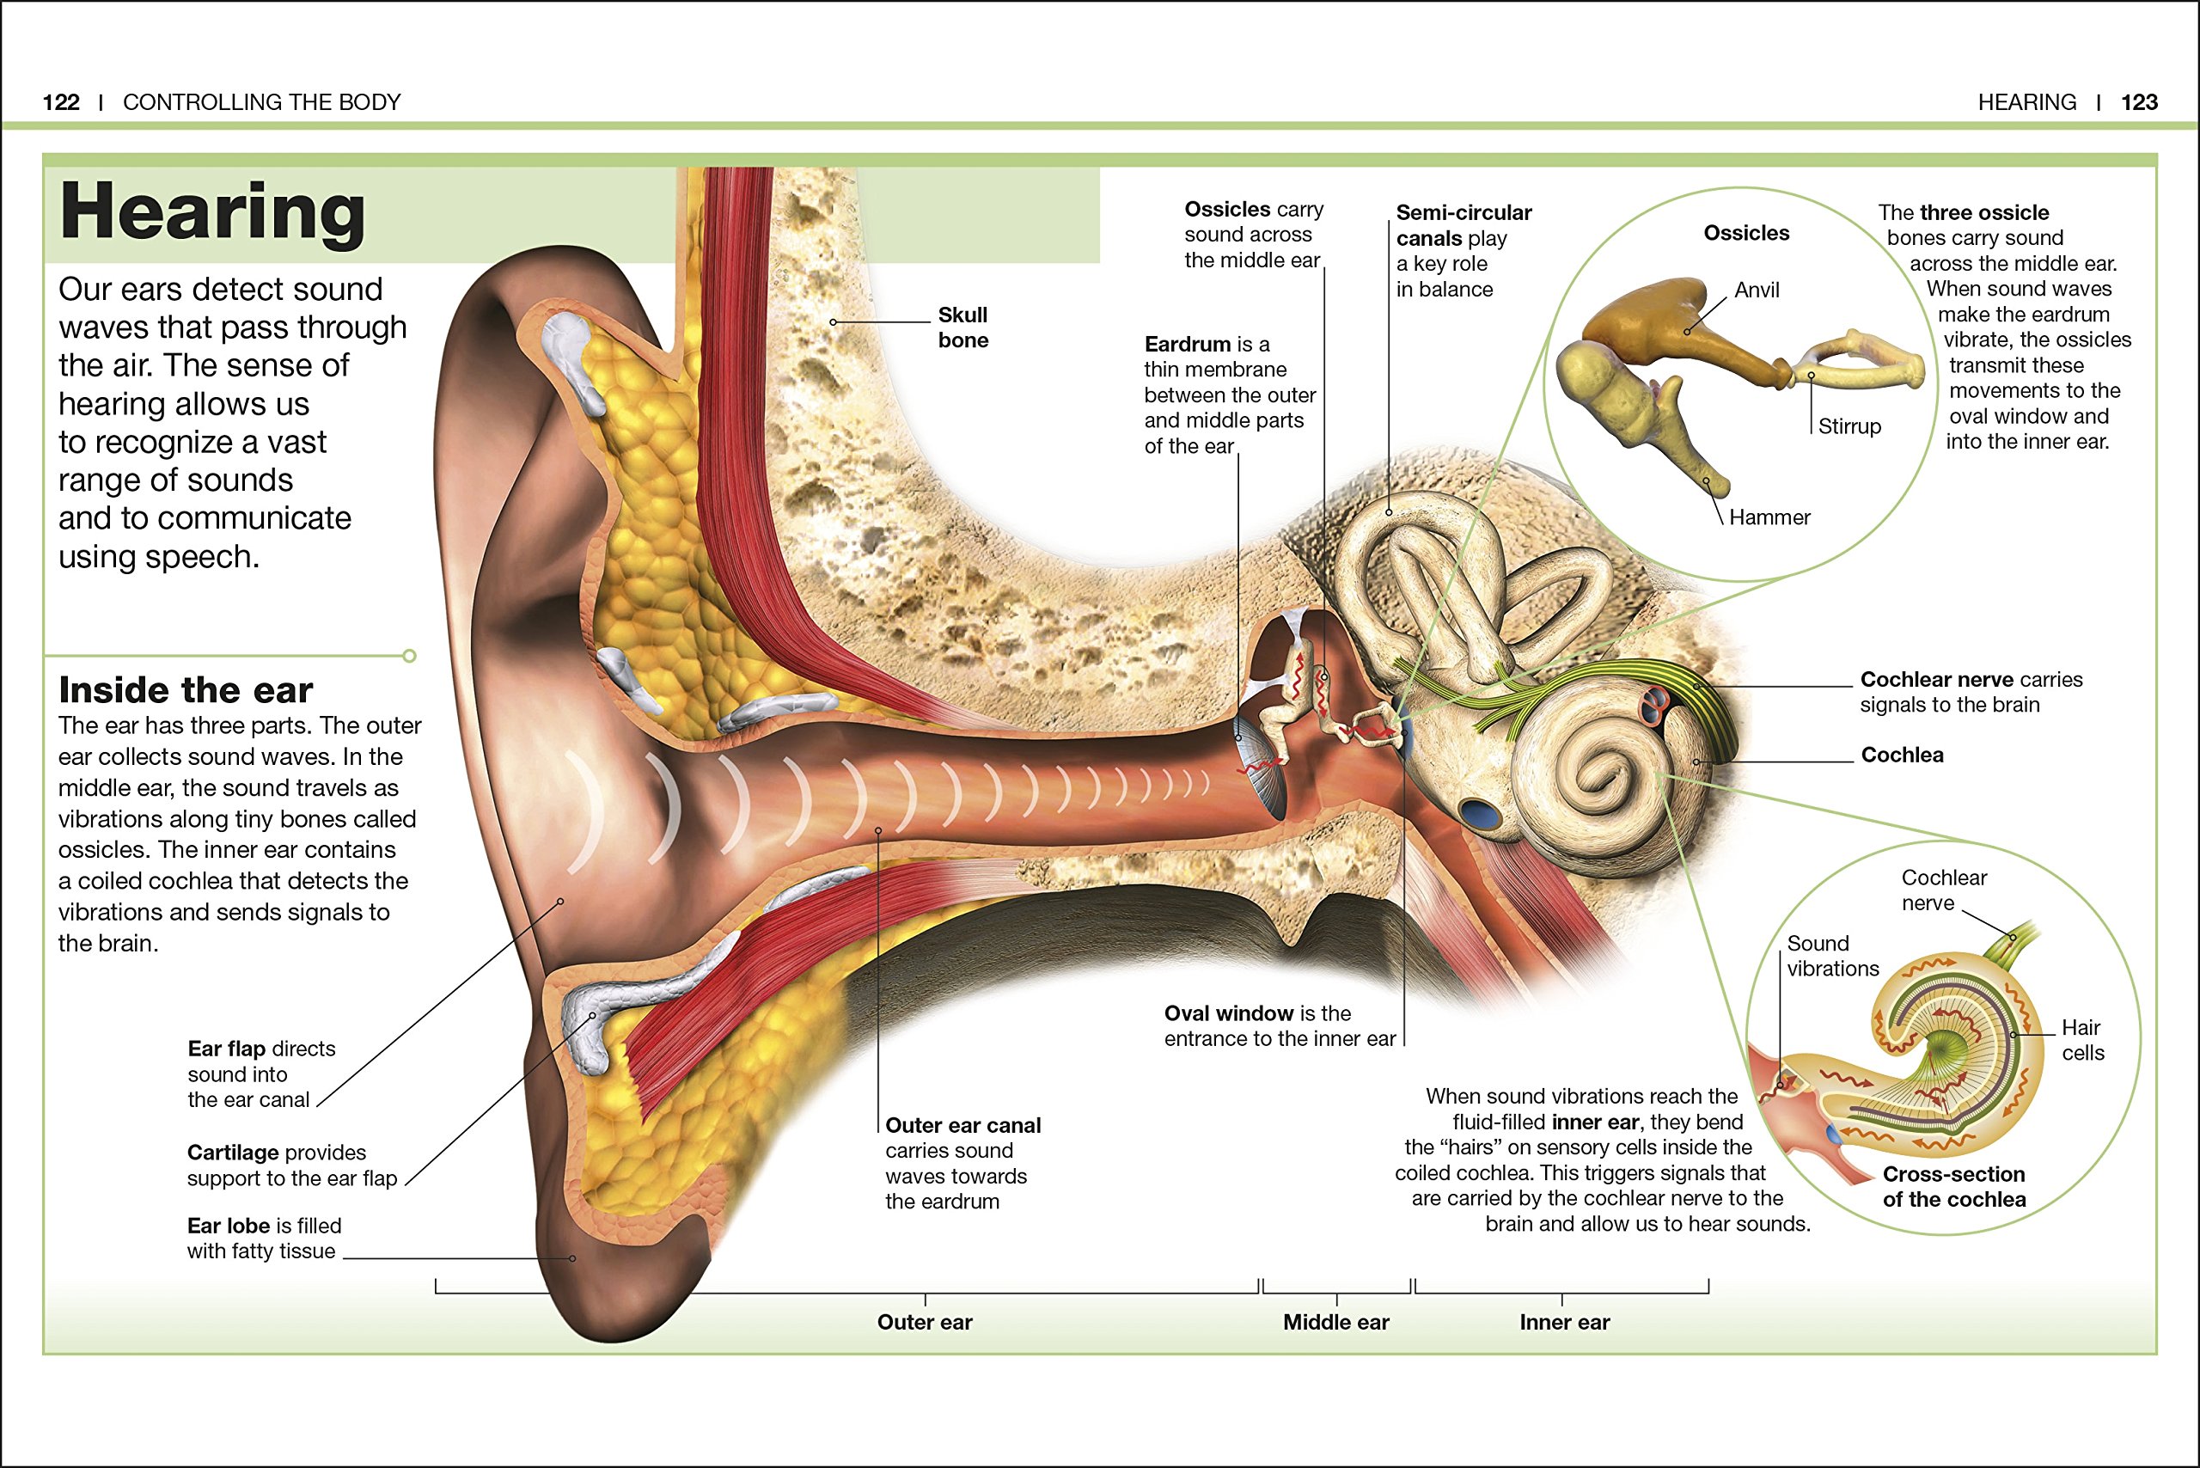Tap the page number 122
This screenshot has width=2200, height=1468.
point(61,102)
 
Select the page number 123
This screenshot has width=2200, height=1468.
point(2139,102)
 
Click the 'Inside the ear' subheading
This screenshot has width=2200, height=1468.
point(186,690)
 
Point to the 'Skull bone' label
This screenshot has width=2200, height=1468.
point(962,327)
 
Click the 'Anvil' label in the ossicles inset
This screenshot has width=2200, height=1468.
point(1757,291)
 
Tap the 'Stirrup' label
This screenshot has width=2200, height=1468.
point(1849,427)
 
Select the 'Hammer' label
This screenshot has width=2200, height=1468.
point(1769,517)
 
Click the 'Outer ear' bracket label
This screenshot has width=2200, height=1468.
point(924,1322)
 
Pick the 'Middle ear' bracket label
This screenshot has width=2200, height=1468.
point(1336,1322)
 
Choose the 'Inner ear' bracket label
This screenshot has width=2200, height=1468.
point(1564,1322)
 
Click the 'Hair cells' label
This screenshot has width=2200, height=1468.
point(2082,1040)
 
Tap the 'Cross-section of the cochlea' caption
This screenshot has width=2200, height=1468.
point(1953,1186)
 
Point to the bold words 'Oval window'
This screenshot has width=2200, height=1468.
point(1228,1013)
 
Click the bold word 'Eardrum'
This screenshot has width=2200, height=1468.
point(1187,345)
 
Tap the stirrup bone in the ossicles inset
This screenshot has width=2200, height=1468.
point(1858,360)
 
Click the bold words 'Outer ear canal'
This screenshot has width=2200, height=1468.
point(962,1125)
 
